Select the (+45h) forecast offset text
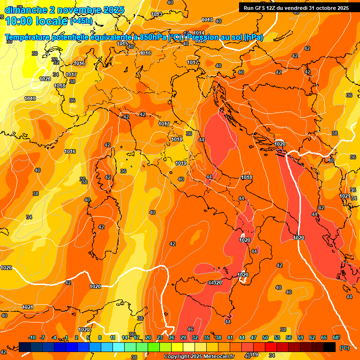pyautogui.click(x=81, y=21)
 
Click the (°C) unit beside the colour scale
pyautogui.click(x=344, y=347)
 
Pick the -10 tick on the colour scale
pyautogui.click(x=32, y=337)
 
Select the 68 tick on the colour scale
pyautogui.click(x=335, y=337)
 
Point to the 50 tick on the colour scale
pyautogui.click(x=265, y=337)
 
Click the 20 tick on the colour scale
pyautogui.click(x=148, y=337)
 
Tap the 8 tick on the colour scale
pyautogui.click(x=100, y=337)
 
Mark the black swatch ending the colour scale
pyautogui.click(x=330, y=347)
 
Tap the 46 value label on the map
pyautogui.click(x=190, y=330)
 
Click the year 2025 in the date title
pyautogui.click(x=114, y=10)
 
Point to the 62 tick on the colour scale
pyautogui.click(x=312, y=337)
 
